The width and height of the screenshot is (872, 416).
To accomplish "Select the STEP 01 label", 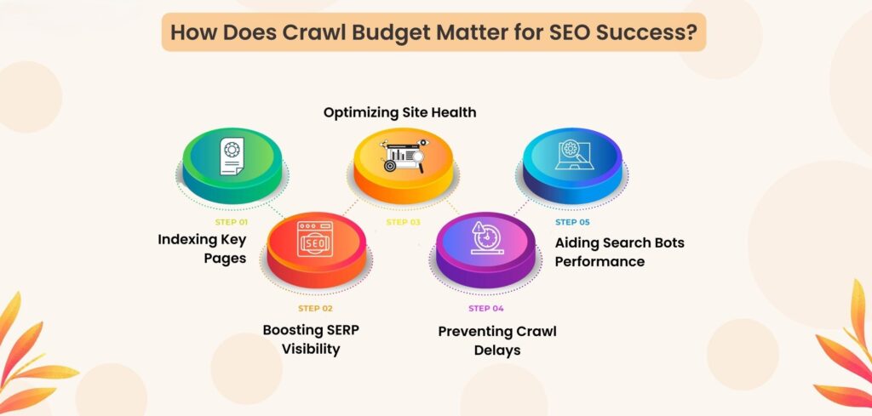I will [x=232, y=222].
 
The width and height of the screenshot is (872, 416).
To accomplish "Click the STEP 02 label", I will [x=315, y=307].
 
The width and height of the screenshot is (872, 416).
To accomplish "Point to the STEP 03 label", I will [x=403, y=222].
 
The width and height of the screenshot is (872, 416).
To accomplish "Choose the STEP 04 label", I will [x=487, y=307].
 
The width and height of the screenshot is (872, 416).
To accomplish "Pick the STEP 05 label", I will [x=572, y=222].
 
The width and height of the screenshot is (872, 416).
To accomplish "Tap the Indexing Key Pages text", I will [x=202, y=248].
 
